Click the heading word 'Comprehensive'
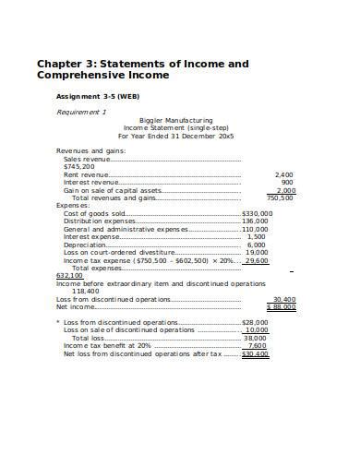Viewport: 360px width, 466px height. (x=81, y=75)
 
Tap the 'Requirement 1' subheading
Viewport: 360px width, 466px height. (x=81, y=111)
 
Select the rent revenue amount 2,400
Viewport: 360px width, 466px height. (x=284, y=174)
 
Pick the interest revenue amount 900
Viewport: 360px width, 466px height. (x=287, y=182)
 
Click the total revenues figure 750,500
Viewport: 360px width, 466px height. (x=280, y=197)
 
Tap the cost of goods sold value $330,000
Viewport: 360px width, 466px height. (x=257, y=213)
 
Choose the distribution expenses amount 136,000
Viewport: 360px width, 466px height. (x=255, y=221)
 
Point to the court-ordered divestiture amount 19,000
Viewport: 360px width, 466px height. (x=258, y=252)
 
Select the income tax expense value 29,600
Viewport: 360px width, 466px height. (x=257, y=260)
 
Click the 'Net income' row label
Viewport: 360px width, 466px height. (x=74, y=306)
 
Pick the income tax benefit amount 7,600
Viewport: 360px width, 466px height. (x=258, y=345)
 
